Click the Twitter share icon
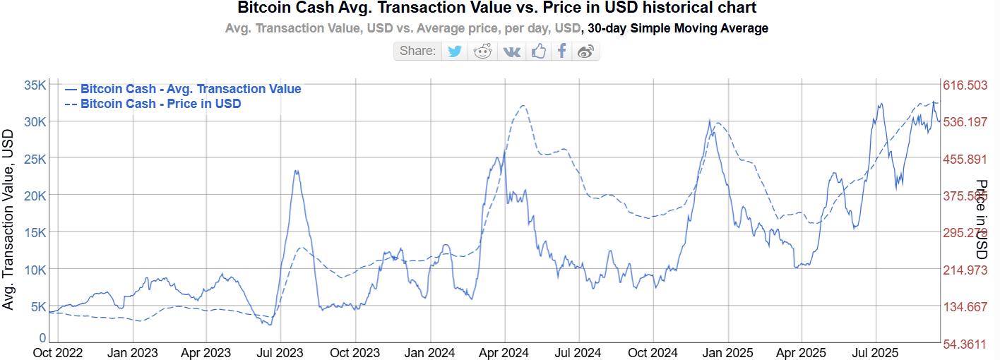(455, 51)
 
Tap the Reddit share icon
(483, 51)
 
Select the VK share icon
(511, 51)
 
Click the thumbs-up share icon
(539, 51)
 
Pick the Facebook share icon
(561, 51)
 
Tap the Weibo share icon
(585, 51)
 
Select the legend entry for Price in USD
(160, 104)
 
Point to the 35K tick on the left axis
(35, 85)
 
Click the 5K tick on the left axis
(38, 307)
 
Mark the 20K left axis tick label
(35, 196)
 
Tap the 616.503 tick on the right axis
(965, 85)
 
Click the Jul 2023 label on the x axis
(280, 352)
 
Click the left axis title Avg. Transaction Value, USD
(8, 219)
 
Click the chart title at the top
(496, 8)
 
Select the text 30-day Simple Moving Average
(678, 28)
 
